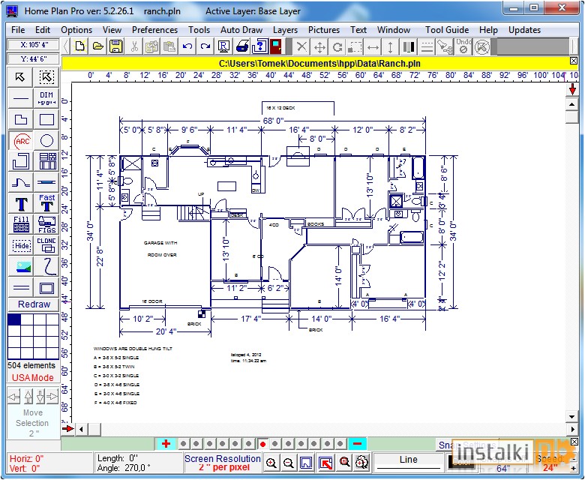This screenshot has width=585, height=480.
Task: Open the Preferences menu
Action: (154, 30)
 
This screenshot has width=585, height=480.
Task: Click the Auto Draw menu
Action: (241, 30)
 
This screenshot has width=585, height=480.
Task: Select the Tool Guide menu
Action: (447, 30)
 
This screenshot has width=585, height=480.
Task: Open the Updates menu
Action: (524, 30)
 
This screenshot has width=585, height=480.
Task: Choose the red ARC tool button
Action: (22, 140)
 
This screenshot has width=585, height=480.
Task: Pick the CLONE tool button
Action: (46, 245)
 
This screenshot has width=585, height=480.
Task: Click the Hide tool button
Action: (22, 245)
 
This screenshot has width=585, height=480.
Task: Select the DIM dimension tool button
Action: (46, 98)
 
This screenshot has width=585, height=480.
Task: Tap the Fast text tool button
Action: (46, 203)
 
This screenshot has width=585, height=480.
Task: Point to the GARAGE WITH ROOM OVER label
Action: (160, 249)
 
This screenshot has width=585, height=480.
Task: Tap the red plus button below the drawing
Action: (166, 444)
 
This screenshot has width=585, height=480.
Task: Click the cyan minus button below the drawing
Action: (358, 444)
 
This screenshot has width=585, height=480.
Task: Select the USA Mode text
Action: (32, 377)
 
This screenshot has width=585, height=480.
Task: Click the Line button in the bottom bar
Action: (408, 460)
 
